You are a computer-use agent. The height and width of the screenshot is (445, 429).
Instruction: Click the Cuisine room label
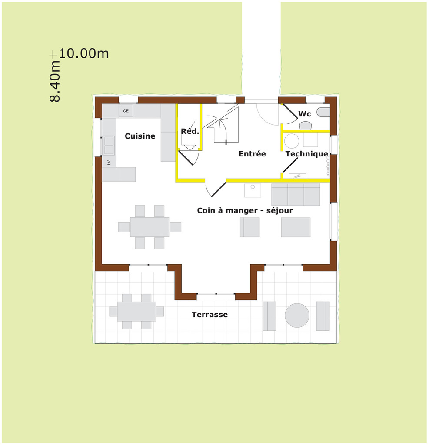(x=140, y=136)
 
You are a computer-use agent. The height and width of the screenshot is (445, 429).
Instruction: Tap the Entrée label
(x=252, y=154)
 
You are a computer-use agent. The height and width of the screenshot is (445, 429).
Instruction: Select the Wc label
(x=305, y=114)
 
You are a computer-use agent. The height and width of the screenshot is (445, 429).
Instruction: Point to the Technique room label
(x=306, y=154)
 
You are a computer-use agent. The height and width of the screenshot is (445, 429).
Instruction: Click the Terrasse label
(x=210, y=315)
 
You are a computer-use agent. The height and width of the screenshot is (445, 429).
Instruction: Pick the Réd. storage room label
(x=190, y=131)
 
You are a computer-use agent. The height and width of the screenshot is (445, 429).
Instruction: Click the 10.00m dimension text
(x=84, y=53)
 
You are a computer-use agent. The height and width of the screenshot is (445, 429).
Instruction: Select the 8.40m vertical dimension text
(x=55, y=81)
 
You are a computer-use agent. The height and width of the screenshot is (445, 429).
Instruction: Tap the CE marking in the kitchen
(x=126, y=111)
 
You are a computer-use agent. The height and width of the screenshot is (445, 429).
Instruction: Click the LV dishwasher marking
(x=109, y=163)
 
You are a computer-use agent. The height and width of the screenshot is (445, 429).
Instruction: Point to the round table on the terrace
(x=297, y=315)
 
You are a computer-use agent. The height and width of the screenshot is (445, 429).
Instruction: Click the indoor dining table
(x=150, y=227)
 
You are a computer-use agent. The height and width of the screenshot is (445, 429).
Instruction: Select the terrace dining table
(x=136, y=311)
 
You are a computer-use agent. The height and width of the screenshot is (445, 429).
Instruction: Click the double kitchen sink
(x=109, y=145)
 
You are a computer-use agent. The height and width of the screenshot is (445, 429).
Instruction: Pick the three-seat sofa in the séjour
(x=296, y=194)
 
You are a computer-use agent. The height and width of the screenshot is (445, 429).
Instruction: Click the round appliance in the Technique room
(x=292, y=141)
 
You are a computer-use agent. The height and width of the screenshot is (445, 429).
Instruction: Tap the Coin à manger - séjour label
(x=245, y=211)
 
